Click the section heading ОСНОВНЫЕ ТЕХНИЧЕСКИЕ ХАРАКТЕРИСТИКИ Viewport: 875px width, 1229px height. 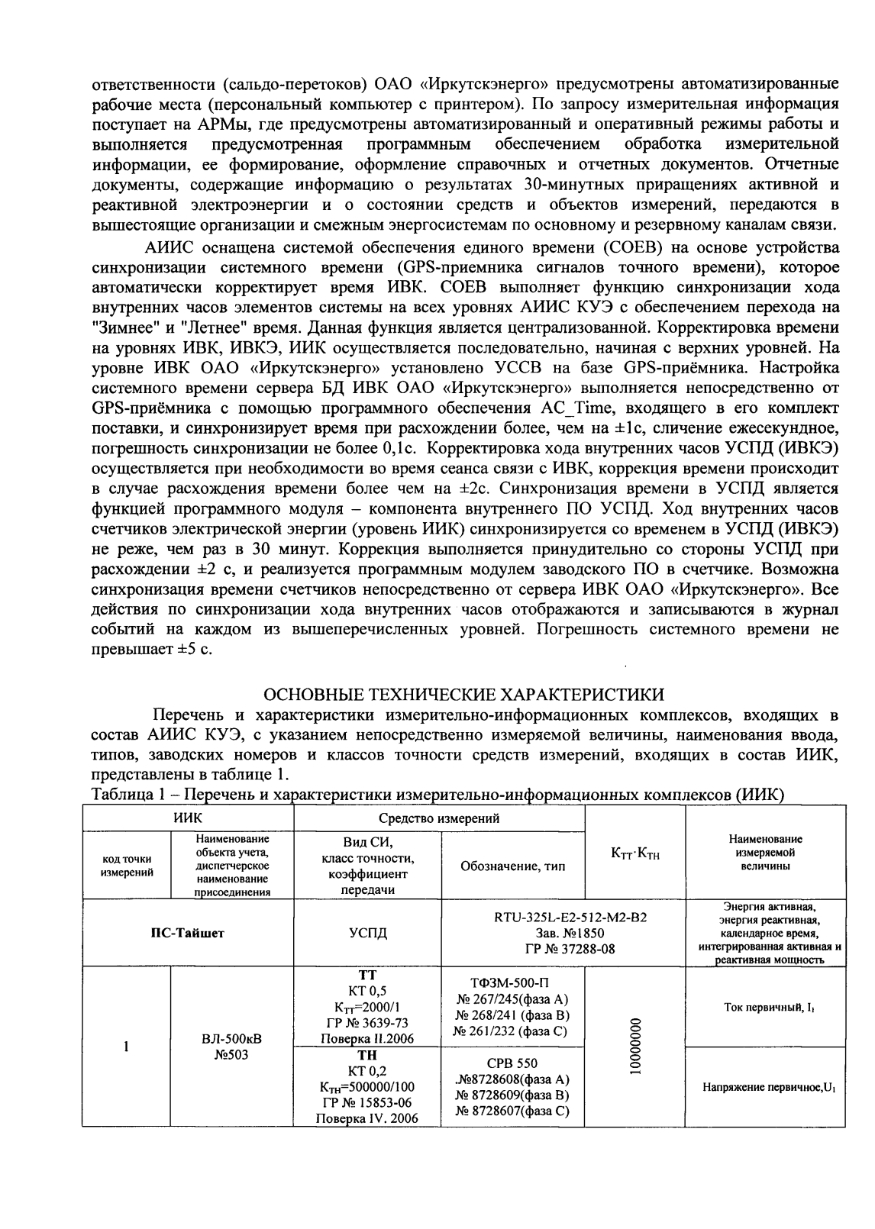[x=463, y=695]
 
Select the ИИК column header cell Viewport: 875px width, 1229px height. [x=187, y=818]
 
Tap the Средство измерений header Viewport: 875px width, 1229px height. [x=439, y=818]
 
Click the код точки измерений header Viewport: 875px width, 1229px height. [x=127, y=866]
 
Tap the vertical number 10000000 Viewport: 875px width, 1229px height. [x=635, y=1046]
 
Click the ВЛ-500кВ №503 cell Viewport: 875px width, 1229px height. [x=232, y=1046]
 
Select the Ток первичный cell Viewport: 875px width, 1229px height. [x=765, y=1008]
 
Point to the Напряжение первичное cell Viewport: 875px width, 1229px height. [x=765, y=1088]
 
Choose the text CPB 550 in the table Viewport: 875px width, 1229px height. [x=512, y=1063]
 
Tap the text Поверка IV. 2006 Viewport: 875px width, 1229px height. [x=367, y=1118]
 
